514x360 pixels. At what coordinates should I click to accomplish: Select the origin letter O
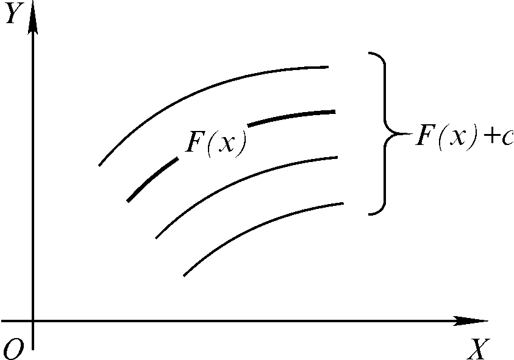tap(13, 348)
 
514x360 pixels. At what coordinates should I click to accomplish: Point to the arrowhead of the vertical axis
tap(32, 21)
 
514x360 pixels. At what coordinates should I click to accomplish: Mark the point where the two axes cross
tap(32, 320)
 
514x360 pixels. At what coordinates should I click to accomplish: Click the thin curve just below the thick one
tap(244, 180)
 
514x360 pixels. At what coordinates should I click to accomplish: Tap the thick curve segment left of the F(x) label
tap(152, 179)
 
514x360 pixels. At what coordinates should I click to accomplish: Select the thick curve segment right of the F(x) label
tap(293, 116)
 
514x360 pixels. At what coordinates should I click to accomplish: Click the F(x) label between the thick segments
tap(216, 144)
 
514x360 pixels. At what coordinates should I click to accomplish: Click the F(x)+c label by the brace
tap(460, 137)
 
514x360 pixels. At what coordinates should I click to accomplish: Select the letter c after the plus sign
tap(507, 139)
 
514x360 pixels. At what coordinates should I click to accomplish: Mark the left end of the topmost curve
tap(99, 165)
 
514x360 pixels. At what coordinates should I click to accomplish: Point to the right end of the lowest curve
tap(343, 203)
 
